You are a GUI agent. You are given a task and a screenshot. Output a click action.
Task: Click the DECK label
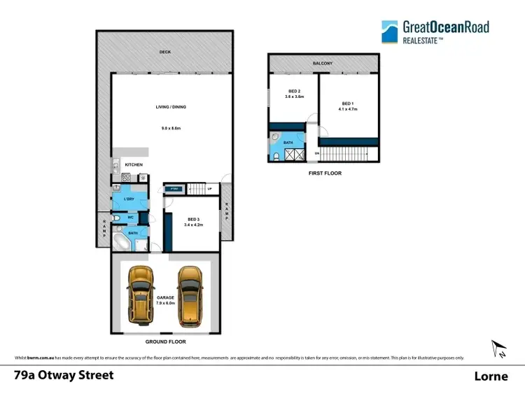click(164, 52)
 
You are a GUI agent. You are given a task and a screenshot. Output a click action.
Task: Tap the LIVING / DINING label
click(171, 107)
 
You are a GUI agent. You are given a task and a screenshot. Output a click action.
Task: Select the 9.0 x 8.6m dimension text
click(171, 128)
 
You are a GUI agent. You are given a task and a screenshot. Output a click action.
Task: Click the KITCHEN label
click(134, 165)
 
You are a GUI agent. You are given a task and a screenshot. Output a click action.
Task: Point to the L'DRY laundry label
click(129, 199)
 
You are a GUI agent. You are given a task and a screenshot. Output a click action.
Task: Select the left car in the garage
click(141, 294)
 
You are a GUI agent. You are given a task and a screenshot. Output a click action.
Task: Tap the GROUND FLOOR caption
click(165, 342)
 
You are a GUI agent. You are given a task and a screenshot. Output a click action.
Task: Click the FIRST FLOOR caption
click(324, 173)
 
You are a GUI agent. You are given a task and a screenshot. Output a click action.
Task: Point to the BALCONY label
click(323, 64)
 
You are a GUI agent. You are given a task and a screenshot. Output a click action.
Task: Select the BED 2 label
click(294, 92)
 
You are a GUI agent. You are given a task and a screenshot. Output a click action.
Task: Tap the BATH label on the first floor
click(288, 141)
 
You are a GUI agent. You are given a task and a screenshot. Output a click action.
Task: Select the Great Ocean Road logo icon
click(390, 32)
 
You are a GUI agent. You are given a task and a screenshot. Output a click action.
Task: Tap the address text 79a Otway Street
click(64, 375)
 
